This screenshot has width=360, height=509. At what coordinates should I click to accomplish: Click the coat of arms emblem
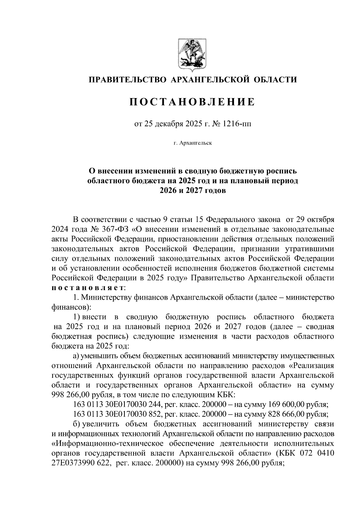192,54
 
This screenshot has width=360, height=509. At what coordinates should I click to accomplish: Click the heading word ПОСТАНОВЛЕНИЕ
192,102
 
